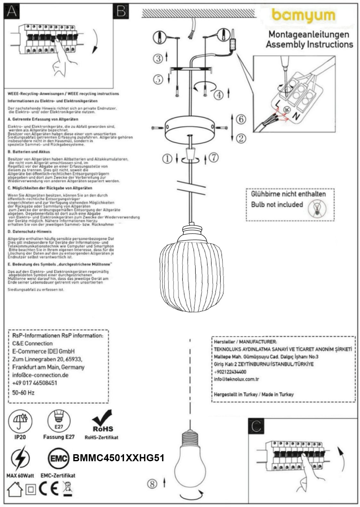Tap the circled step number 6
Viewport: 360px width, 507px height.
[x=241, y=119]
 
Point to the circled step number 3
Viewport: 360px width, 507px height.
[x=158, y=58]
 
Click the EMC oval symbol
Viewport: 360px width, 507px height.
[x=59, y=458]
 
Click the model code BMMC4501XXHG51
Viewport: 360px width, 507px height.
[x=119, y=458]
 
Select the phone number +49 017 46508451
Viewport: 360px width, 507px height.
[x=35, y=383]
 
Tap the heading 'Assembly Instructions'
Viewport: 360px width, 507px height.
[x=309, y=44]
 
